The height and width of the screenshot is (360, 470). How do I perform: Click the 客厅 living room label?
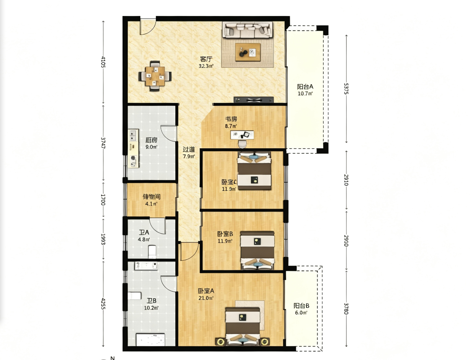[x=206, y=59]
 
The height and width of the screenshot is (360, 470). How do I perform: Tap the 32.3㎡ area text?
[x=206, y=66]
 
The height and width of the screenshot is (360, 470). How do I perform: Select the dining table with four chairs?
[x=155, y=76]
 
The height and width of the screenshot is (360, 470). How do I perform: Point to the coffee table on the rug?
[x=248, y=52]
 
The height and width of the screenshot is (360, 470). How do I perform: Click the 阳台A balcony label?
[x=305, y=87]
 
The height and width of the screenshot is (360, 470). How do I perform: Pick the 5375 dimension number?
[x=346, y=88]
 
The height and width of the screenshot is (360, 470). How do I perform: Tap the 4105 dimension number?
[x=103, y=62]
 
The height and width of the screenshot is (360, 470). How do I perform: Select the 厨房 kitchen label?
[x=151, y=140]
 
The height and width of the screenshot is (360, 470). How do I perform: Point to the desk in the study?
[x=242, y=135]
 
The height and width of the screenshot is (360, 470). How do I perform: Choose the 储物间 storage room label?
[x=151, y=197]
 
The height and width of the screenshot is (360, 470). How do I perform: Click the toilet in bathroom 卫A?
[x=152, y=252]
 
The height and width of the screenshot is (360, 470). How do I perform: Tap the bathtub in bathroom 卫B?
[x=150, y=340]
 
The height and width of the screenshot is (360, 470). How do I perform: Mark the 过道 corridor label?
[x=189, y=149]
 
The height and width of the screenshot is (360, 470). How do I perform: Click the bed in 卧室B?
[x=257, y=250]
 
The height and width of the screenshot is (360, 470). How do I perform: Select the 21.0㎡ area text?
[x=206, y=298]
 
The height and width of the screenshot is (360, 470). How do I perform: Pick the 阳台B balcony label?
[x=301, y=306]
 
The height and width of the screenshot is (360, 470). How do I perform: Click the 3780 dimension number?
[x=346, y=309]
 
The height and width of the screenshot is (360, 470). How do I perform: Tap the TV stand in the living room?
[x=254, y=100]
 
